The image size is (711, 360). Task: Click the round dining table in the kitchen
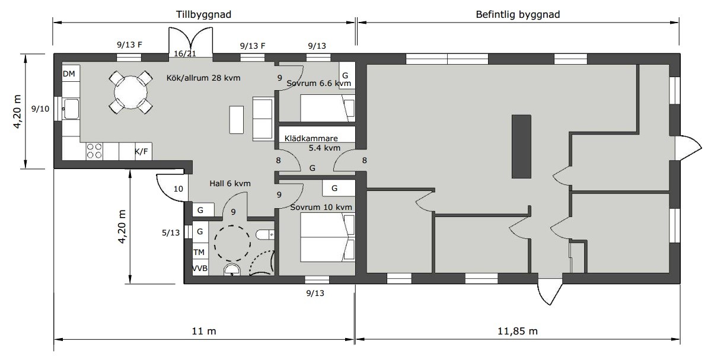pos(130,92)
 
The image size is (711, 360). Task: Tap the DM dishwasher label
pos(69,74)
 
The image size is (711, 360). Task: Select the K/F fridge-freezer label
pos(142,151)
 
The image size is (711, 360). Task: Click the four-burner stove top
pos(94,151)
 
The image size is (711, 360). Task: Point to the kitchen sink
pos(71,109)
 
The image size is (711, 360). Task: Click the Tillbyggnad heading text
pos(203,14)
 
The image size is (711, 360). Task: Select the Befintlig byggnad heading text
pos(518,14)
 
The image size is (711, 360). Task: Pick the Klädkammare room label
pos(311,138)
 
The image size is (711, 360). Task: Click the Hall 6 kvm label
pos(230,184)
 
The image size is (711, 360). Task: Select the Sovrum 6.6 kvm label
pos(319,84)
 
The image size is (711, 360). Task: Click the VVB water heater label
pos(200,268)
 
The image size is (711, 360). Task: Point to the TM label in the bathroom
pos(199,252)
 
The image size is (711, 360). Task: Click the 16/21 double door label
pos(185,54)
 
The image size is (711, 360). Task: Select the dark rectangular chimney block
pos(521,146)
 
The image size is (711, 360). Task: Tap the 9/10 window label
pos(40,109)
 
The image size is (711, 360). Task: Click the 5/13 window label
pos(171,232)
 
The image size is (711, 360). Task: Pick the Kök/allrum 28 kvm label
pos(203,78)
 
